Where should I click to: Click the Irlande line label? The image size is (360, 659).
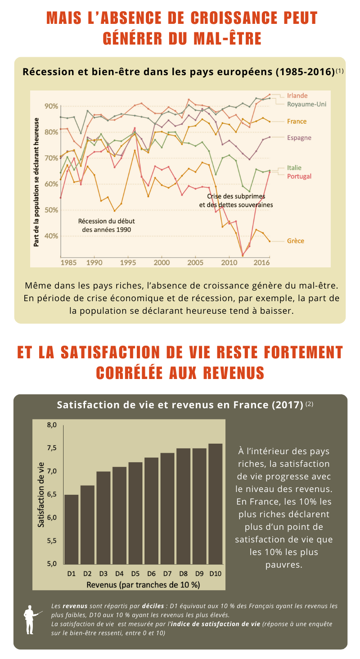pos(297,95)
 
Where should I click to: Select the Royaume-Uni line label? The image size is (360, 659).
pos(306,104)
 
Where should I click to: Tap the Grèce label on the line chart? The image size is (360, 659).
pos(296,241)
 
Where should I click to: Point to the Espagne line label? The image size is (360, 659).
pos(299,137)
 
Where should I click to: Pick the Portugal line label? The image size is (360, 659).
pos(299,176)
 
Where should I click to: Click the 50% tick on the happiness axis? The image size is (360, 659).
pos(51,210)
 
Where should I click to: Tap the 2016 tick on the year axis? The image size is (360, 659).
pos(263,262)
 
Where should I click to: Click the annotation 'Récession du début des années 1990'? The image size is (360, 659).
pos(107,225)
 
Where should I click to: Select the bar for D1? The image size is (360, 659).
pos(71,529)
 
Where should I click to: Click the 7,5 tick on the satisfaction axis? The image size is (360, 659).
pos(52,448)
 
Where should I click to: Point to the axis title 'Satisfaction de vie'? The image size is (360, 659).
pos(41,494)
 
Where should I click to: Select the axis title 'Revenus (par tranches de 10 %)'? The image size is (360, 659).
pos(143,585)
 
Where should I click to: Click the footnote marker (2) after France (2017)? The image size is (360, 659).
pos(309,404)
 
